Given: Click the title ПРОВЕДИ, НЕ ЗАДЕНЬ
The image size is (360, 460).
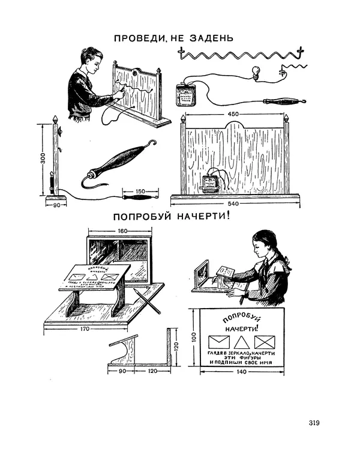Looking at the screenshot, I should pos(173,39).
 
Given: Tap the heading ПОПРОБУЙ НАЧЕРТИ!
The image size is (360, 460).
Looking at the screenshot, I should pos(170,217).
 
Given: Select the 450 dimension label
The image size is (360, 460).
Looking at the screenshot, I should pos(235,113).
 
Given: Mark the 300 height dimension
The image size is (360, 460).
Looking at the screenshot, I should pos(42,160).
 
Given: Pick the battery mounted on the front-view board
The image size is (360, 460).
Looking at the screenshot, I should pos(210,184).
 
